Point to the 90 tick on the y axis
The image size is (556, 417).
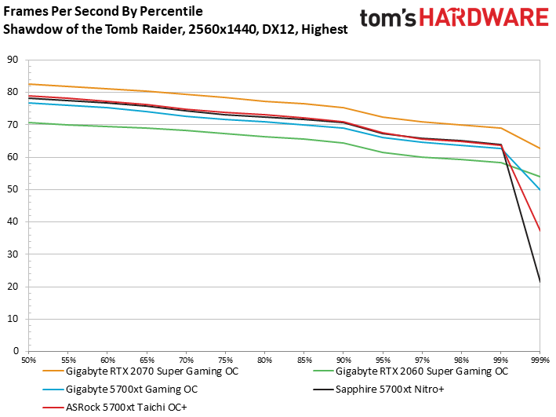pyautogui.click(x=11, y=60)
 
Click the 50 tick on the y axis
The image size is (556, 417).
pyautogui.click(x=11, y=189)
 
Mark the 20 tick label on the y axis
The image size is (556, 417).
pyautogui.click(x=11, y=287)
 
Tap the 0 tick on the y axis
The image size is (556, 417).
pyautogui.click(x=13, y=351)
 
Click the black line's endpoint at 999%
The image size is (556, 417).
pyautogui.click(x=540, y=282)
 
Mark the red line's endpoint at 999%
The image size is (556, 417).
pyautogui.click(x=540, y=231)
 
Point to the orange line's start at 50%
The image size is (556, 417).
pyautogui.click(x=30, y=84)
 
